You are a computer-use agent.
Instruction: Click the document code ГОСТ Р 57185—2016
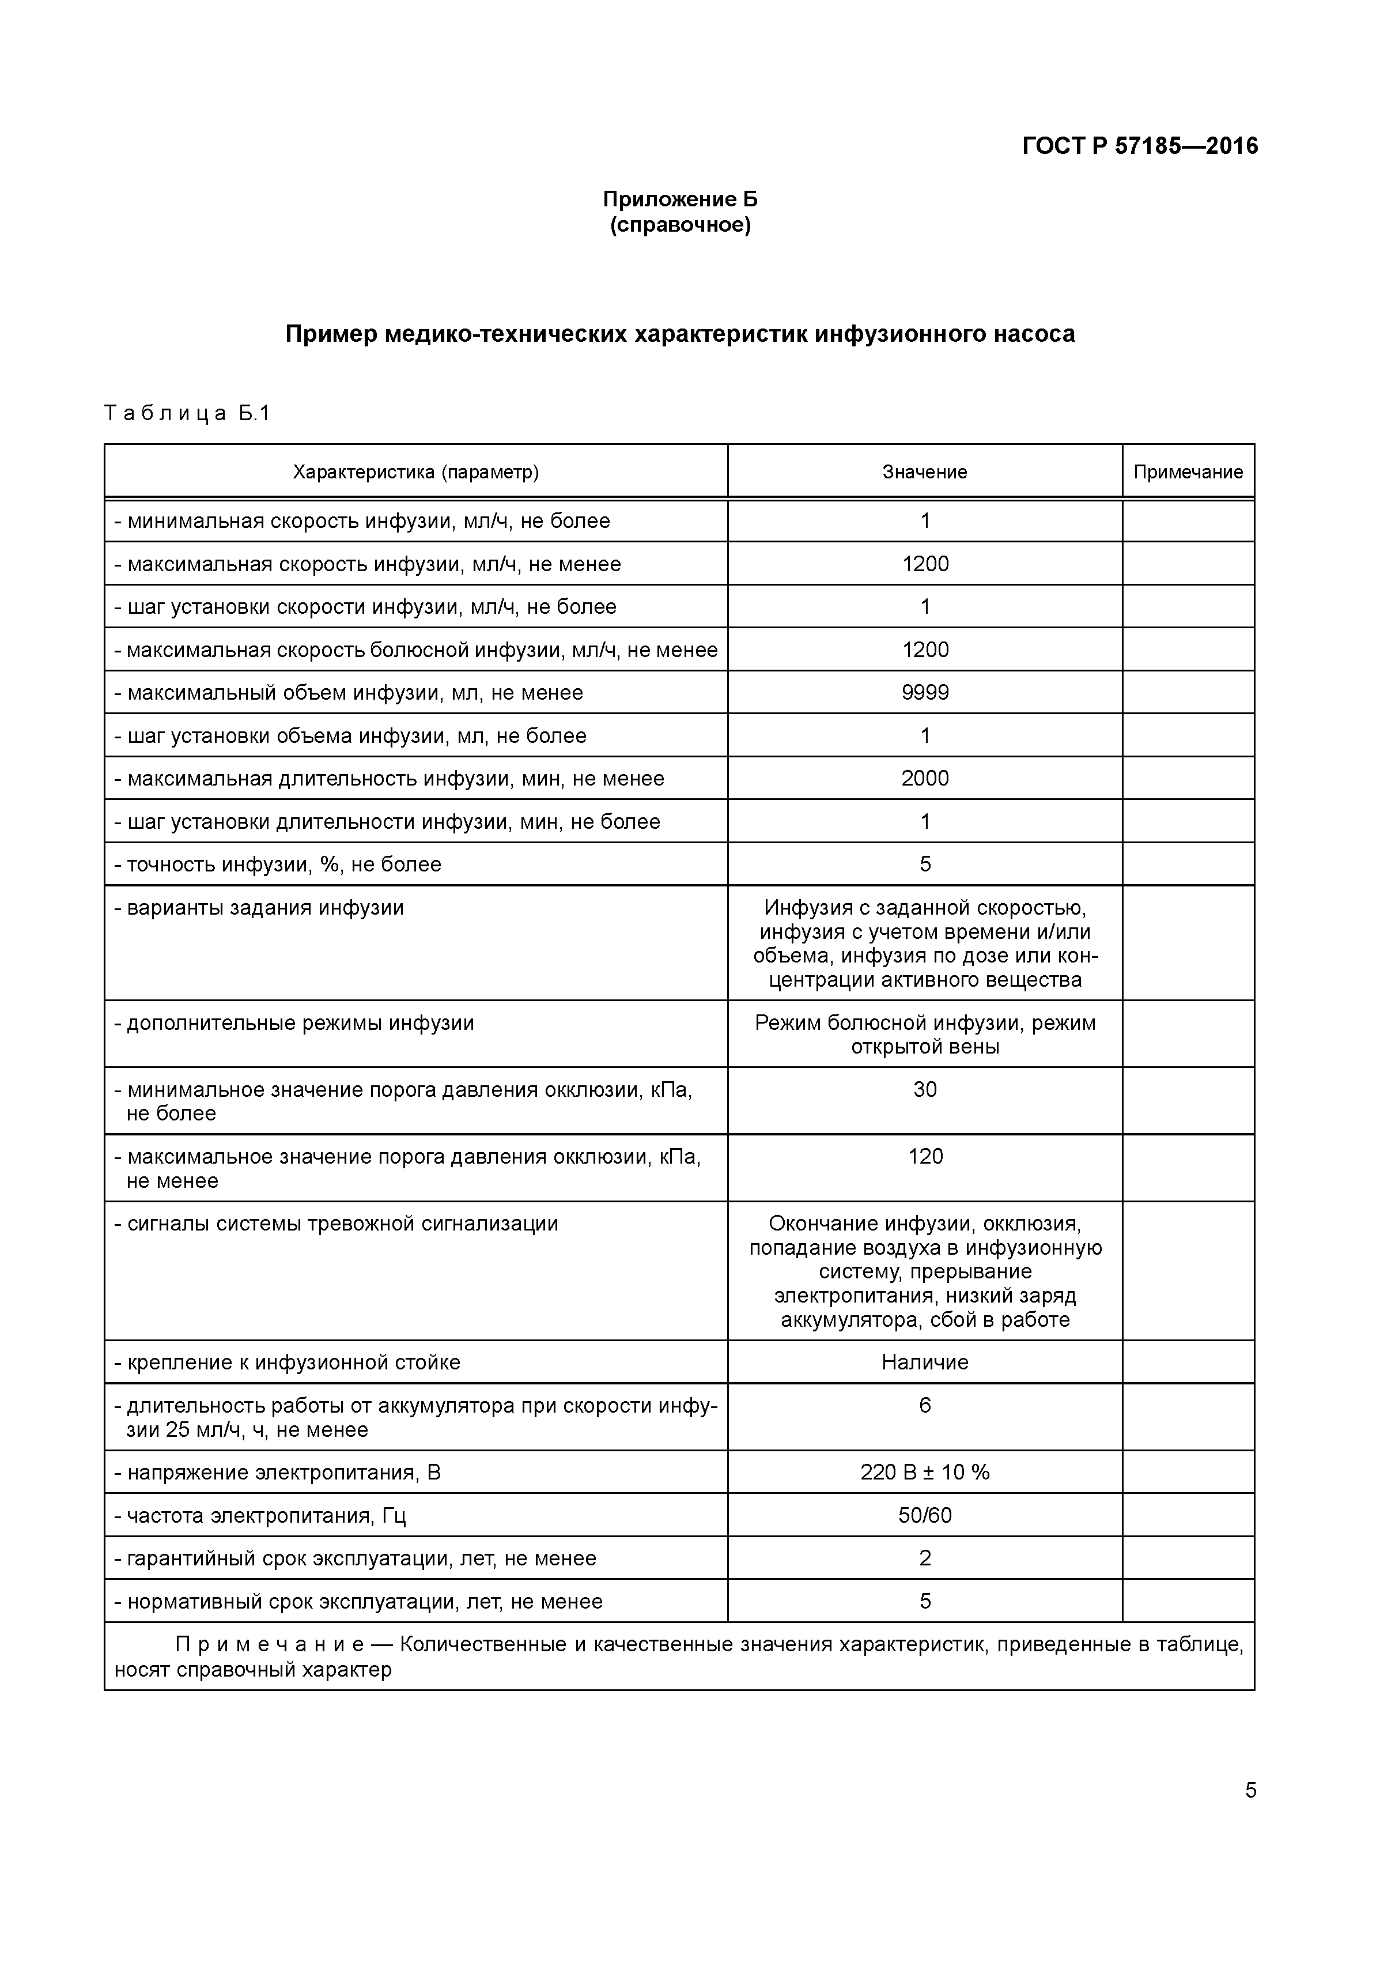coord(1140,146)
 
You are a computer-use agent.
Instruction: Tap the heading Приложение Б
coord(680,199)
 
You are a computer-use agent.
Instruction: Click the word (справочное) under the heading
coord(680,226)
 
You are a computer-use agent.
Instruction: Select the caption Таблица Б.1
coord(187,414)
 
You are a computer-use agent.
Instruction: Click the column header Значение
coord(925,472)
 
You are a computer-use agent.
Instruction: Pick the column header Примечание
coord(1188,472)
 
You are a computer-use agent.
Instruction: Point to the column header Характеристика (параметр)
coord(416,472)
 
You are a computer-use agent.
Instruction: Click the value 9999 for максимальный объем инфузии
coord(925,693)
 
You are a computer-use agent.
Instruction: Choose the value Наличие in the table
coord(925,1362)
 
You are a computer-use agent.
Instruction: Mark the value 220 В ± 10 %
coord(925,1473)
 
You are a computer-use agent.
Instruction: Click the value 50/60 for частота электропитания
coord(925,1516)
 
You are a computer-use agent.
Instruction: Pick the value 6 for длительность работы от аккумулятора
coord(925,1406)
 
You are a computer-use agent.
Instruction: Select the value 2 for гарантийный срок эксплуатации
coord(925,1558)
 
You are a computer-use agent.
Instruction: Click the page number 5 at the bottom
coord(1250,1791)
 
